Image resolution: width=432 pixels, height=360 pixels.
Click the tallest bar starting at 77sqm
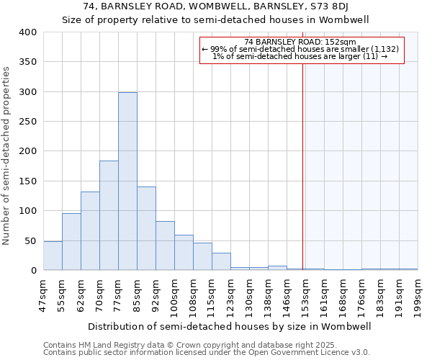(x=127, y=181)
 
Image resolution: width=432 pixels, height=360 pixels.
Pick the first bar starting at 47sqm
(x=53, y=256)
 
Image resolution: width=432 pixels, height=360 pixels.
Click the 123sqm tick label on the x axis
(x=230, y=294)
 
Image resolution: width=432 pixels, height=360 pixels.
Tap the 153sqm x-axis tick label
(x=305, y=294)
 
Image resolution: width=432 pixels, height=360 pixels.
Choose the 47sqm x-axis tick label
(x=43, y=294)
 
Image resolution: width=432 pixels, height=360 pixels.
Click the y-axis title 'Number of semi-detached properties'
(x=6, y=156)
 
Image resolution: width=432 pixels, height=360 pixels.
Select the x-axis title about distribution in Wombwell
(x=230, y=326)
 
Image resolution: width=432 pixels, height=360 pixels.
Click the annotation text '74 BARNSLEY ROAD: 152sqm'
(x=301, y=42)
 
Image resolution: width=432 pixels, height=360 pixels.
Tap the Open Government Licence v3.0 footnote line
(x=207, y=353)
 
